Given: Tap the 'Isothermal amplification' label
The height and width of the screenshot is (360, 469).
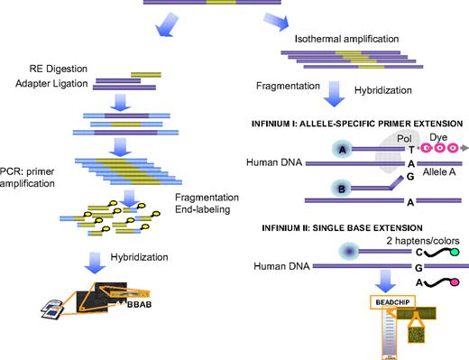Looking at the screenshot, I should click(347, 42).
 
